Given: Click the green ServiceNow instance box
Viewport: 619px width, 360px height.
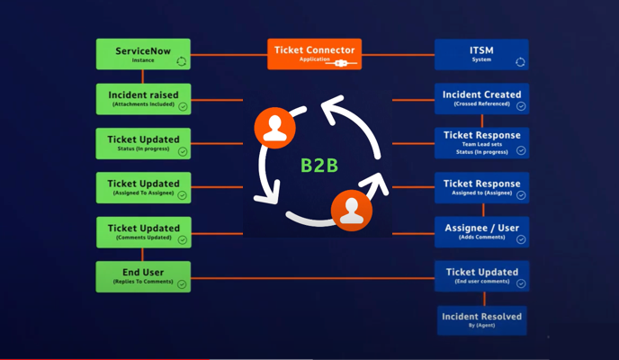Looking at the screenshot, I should pyautogui.click(x=143, y=54).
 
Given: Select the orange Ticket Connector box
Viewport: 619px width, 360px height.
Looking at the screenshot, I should pyautogui.click(x=314, y=54).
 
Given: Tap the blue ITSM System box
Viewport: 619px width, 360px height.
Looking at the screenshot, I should pyautogui.click(x=481, y=54).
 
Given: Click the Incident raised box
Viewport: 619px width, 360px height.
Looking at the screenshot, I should pyautogui.click(x=143, y=99).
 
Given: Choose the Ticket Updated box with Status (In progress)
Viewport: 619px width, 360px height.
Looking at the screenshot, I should pyautogui.click(x=143, y=143).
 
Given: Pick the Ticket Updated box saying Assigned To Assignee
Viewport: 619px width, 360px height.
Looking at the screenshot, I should pyautogui.click(x=143, y=187).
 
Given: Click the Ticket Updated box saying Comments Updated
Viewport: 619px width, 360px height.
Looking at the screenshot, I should pyautogui.click(x=143, y=232).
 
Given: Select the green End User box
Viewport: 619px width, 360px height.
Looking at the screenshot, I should pyautogui.click(x=143, y=276).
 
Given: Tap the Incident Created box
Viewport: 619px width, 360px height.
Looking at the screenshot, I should pyautogui.click(x=481, y=99).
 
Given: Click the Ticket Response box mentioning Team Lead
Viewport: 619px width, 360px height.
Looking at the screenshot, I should pyautogui.click(x=481, y=142).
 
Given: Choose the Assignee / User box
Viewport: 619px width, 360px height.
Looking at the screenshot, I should pyautogui.click(x=481, y=232).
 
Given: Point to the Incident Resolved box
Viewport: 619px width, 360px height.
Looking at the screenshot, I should pyautogui.click(x=481, y=319).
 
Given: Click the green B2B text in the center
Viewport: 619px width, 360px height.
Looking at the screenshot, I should pyautogui.click(x=318, y=166).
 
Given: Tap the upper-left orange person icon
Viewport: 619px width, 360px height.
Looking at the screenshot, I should pyautogui.click(x=274, y=127).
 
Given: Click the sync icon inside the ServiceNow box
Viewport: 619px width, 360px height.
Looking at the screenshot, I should pyautogui.click(x=181, y=62).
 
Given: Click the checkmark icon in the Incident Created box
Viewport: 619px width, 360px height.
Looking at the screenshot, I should pyautogui.click(x=521, y=106).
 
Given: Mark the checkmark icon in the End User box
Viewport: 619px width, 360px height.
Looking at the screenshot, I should pyautogui.click(x=182, y=284).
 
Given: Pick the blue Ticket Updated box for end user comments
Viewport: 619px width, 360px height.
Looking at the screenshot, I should pyautogui.click(x=481, y=275).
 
